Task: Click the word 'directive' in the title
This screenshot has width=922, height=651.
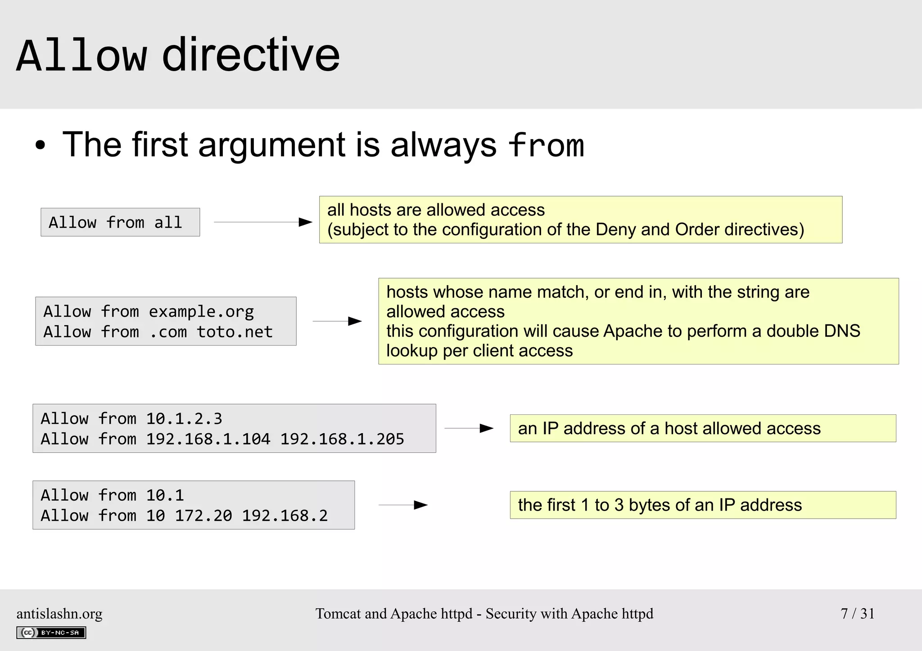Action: (x=250, y=55)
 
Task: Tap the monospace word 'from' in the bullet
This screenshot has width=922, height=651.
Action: (x=546, y=145)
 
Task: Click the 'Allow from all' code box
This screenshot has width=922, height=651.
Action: (x=120, y=222)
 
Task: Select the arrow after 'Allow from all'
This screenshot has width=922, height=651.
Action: (x=263, y=222)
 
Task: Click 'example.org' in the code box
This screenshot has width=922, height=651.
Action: (x=201, y=311)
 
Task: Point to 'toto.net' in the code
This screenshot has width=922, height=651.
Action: (x=235, y=332)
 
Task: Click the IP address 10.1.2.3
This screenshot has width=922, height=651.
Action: (x=184, y=418)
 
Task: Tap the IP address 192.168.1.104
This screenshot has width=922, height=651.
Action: (x=208, y=439)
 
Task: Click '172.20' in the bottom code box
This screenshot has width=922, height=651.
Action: (x=203, y=515)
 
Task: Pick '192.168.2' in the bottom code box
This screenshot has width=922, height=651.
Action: (x=285, y=515)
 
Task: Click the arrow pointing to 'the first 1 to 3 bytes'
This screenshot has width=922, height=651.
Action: (x=403, y=505)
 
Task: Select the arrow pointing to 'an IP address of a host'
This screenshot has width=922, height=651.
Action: (x=469, y=428)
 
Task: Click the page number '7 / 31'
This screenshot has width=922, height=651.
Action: (x=857, y=613)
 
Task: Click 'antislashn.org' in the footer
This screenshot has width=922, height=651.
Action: (x=59, y=614)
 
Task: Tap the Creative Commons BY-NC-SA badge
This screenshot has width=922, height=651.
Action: (x=51, y=633)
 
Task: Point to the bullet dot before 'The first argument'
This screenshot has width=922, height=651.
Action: (x=41, y=146)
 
